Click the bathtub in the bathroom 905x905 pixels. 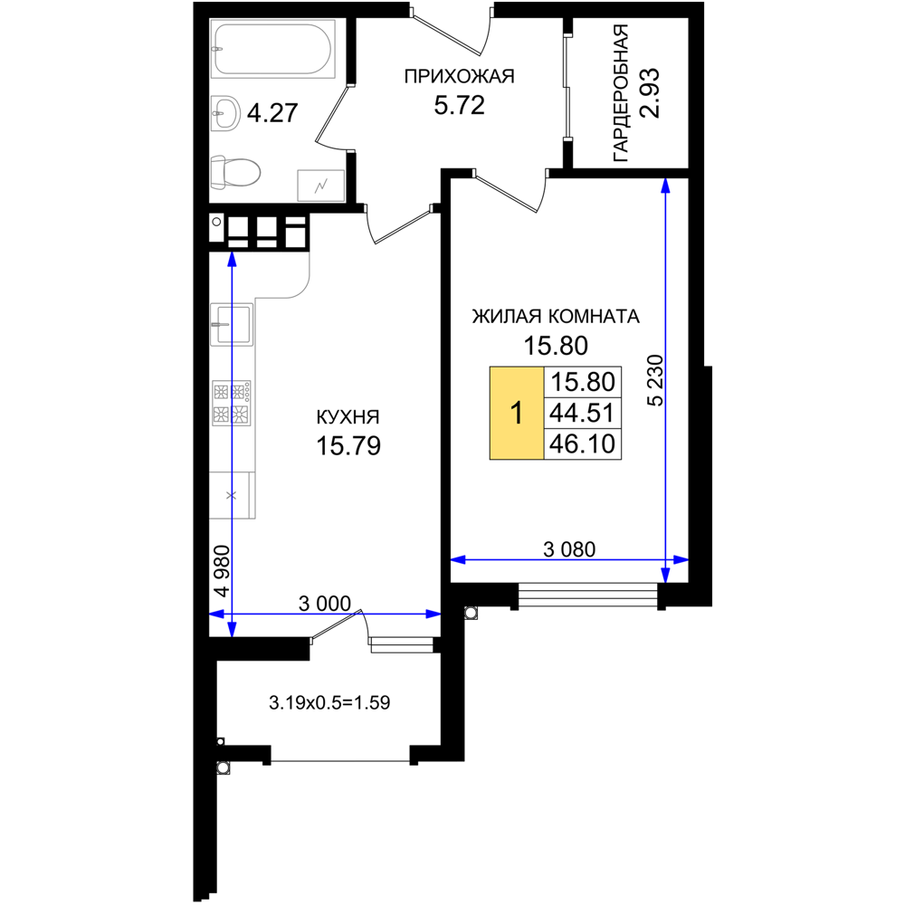[273, 49]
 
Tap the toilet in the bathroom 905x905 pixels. [235, 172]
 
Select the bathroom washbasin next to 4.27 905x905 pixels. [225, 113]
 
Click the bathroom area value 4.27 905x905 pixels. [272, 113]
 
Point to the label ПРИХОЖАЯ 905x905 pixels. [459, 76]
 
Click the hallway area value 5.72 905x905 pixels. [460, 106]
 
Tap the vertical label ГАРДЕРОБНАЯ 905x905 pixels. [621, 92]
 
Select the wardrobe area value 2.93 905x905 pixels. [650, 93]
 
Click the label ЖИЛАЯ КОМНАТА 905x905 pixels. [556, 316]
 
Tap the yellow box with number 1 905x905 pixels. [517, 413]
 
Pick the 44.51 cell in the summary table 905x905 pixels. [582, 413]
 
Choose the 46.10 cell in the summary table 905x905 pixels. [582, 443]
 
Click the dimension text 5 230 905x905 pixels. [656, 380]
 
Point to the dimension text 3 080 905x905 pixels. [569, 549]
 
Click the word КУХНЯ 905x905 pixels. [348, 416]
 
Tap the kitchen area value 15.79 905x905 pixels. [348, 446]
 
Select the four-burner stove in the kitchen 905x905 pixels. [232, 403]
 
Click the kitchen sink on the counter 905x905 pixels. [232, 324]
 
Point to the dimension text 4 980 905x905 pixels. [222, 571]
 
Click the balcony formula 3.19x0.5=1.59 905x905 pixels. [329, 702]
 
